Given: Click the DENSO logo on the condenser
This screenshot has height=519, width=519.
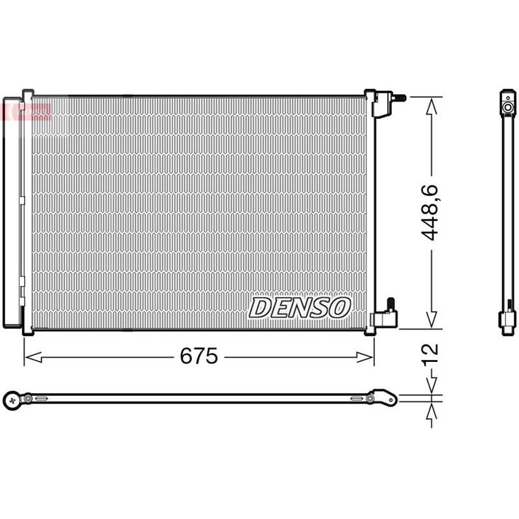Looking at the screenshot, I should click(x=300, y=307).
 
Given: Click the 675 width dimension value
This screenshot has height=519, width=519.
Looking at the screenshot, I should click(x=199, y=356).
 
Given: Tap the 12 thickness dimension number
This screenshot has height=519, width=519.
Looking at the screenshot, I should click(x=431, y=354).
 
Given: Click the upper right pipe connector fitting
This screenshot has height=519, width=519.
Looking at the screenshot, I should click(x=388, y=101).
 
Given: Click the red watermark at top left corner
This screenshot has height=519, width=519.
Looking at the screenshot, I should click(x=26, y=110).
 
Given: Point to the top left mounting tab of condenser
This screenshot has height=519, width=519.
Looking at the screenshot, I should click(x=27, y=93).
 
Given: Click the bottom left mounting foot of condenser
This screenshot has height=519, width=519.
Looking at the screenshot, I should click(x=27, y=332).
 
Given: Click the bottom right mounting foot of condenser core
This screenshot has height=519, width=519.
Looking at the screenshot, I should click(x=370, y=332).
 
